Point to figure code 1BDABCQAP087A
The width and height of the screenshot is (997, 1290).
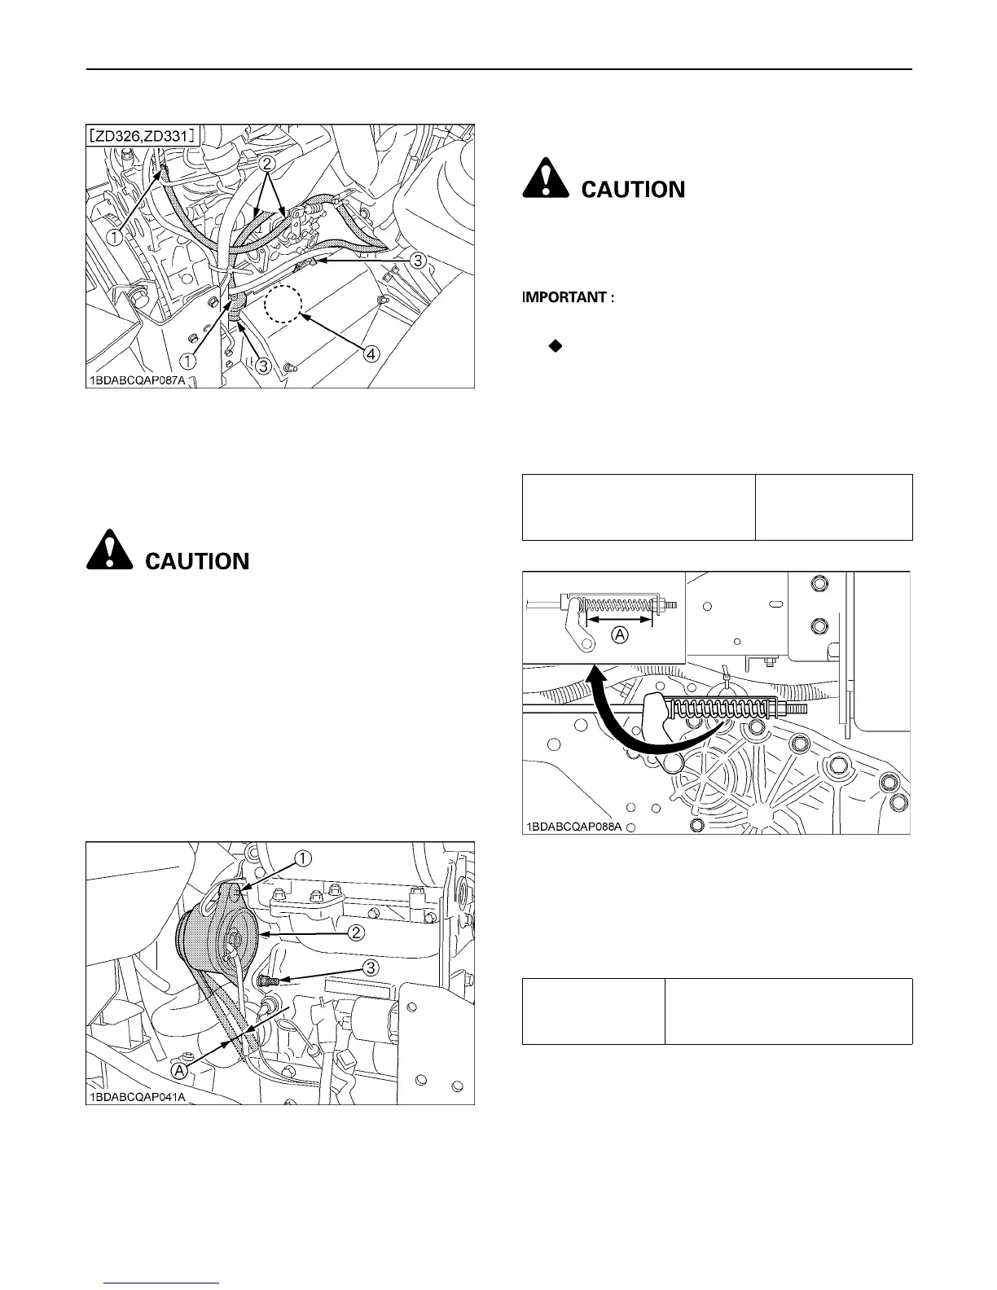138,380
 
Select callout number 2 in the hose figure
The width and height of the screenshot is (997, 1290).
265,164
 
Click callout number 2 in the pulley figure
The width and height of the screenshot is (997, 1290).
356,933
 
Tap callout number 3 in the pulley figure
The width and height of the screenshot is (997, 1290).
371,968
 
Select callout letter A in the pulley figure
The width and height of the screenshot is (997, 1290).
180,1070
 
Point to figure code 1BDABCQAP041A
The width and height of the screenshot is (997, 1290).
138,1095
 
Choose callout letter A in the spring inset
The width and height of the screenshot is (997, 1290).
621,635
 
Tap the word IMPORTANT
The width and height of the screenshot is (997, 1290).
567,297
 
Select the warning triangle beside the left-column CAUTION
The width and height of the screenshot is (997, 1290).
110,550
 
